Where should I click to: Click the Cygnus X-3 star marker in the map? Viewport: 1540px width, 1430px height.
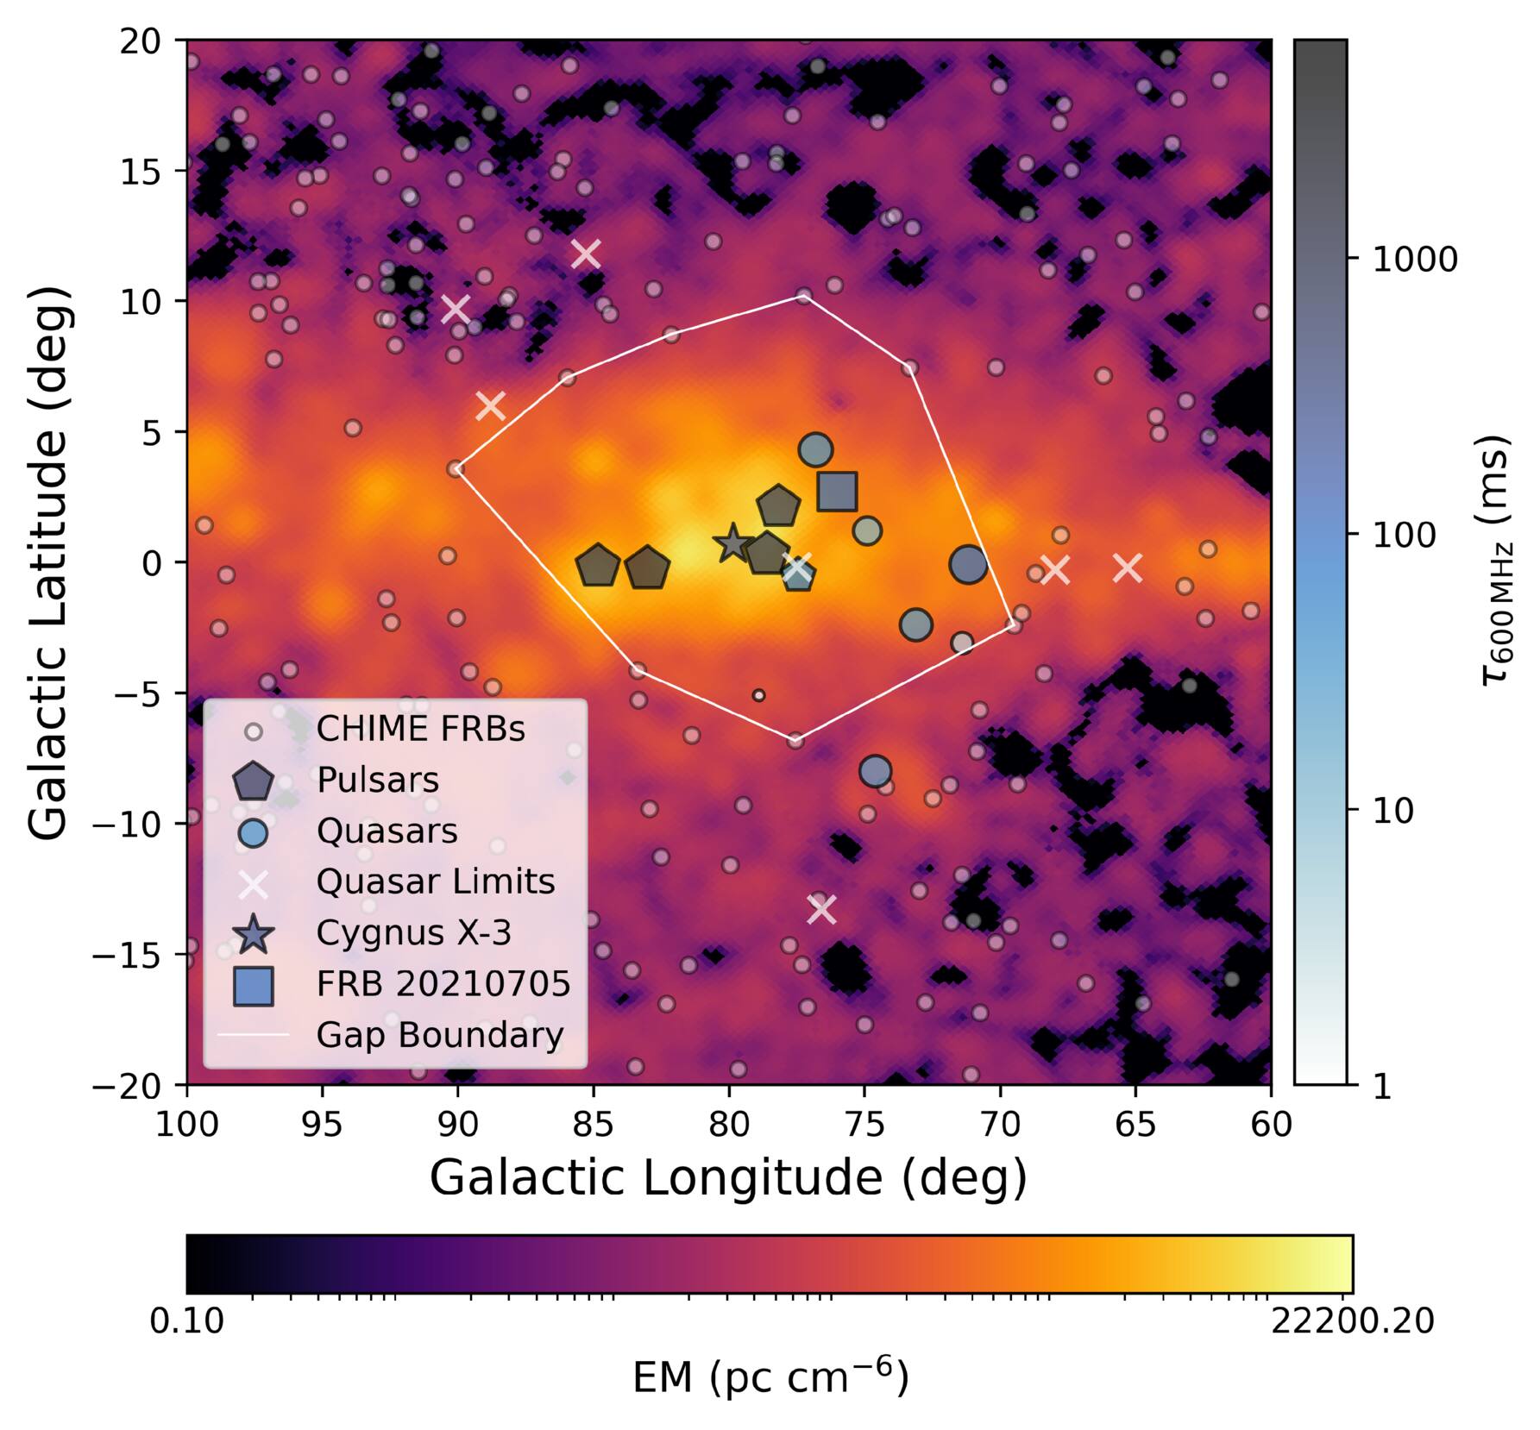(732, 543)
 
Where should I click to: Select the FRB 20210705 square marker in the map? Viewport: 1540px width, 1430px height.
(837, 491)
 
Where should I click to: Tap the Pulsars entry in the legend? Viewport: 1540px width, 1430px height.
(378, 780)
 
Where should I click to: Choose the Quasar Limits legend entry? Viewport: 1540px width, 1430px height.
(436, 881)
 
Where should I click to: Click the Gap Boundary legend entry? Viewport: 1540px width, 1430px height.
(440, 1035)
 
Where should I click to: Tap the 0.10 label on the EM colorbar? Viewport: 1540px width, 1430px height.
(187, 1320)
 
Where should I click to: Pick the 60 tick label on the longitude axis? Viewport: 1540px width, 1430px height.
(1271, 1124)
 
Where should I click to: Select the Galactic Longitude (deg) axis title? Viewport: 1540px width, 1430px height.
(729, 1179)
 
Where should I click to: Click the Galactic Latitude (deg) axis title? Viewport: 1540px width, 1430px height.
(48, 561)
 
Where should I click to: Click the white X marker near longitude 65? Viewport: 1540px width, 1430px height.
(1128, 568)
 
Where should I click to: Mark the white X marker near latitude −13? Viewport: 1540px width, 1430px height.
(821, 908)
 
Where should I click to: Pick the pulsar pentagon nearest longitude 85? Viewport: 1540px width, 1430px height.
(598, 567)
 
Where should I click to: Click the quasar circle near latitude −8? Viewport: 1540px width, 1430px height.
(875, 770)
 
